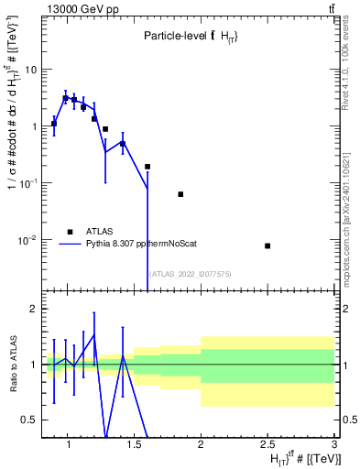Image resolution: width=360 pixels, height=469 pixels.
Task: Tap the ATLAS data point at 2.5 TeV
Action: [267, 245]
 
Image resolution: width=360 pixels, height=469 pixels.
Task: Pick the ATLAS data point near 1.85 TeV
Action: [180, 194]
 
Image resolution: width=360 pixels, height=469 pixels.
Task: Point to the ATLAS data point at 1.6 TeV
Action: [147, 167]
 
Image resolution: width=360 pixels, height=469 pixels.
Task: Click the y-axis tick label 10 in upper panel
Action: [30, 70]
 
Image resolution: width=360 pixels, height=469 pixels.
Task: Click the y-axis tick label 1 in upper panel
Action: [33, 126]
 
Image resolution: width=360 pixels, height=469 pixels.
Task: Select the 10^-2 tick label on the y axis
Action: [28, 240]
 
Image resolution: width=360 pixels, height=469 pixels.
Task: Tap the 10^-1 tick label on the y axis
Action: [28, 183]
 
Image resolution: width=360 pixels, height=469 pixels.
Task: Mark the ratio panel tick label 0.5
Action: [29, 420]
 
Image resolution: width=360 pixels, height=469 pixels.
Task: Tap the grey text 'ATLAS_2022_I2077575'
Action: [191, 273]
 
